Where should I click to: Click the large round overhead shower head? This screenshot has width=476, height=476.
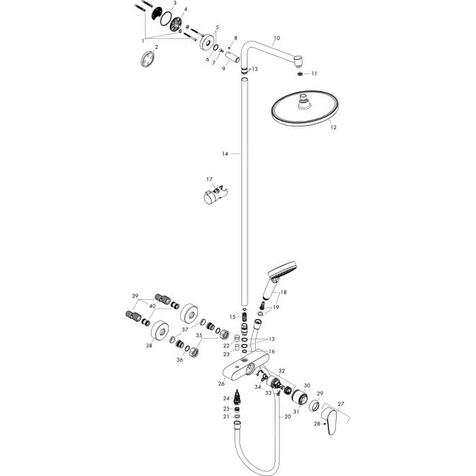[305, 108]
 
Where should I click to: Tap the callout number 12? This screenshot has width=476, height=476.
[333, 128]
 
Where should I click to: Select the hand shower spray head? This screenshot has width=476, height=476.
[282, 269]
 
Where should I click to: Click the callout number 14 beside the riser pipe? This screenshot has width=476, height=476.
[224, 154]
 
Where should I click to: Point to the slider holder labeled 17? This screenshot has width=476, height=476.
[216, 196]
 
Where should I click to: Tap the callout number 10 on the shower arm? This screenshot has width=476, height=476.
[277, 38]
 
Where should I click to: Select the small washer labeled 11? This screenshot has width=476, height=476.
[301, 73]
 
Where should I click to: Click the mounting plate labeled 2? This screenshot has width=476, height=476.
[148, 59]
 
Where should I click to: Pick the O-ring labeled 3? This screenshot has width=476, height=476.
[166, 18]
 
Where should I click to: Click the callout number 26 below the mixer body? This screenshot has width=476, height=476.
[221, 384]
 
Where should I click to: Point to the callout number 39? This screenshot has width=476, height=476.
[135, 296]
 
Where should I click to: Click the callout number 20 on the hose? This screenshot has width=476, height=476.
[288, 416]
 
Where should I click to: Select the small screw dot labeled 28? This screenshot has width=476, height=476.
[324, 424]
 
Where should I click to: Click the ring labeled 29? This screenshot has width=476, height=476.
[314, 405]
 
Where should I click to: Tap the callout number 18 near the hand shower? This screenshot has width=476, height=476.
[284, 292]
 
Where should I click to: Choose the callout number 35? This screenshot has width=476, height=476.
[199, 335]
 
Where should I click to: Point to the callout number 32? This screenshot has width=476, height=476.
[282, 371]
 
